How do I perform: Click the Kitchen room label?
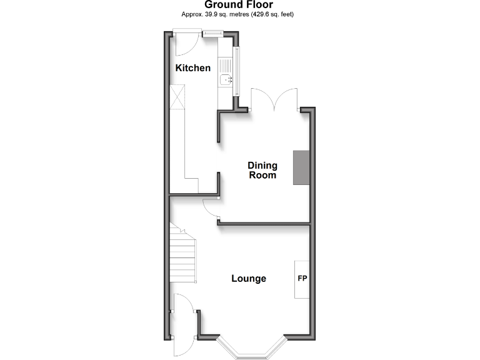(192, 68)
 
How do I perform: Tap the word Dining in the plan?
(262, 166)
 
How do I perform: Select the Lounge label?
(249, 279)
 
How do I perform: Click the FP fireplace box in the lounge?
(302, 279)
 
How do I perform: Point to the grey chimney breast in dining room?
(302, 167)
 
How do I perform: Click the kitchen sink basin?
(226, 79)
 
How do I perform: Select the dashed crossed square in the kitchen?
(179, 97)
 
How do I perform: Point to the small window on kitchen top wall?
(210, 33)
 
